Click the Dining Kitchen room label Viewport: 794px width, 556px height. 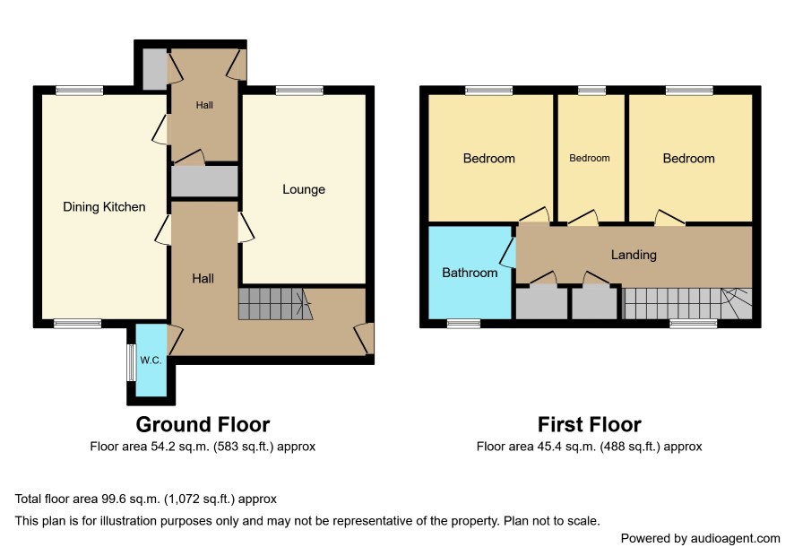tap(104, 207)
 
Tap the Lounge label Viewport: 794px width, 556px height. tap(304, 189)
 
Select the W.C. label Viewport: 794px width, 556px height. tap(151, 361)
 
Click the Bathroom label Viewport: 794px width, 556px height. tap(470, 273)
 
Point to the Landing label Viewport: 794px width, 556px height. tap(634, 255)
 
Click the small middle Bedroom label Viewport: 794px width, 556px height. tap(590, 158)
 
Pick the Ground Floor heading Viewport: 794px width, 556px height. tap(203, 424)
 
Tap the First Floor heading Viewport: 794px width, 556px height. tap(590, 424)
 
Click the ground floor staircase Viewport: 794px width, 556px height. tap(276, 304)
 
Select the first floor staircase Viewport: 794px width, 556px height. tap(687, 304)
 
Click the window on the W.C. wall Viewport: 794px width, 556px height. tap(131, 362)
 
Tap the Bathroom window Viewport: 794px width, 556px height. tap(464, 324)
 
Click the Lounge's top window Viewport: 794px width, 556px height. tap(299, 91)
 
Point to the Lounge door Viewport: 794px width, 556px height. tap(246, 227)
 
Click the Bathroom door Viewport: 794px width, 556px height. tap(508, 252)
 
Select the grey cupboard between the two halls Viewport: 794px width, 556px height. tap(204, 181)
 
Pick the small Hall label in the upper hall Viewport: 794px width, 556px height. tap(204, 106)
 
